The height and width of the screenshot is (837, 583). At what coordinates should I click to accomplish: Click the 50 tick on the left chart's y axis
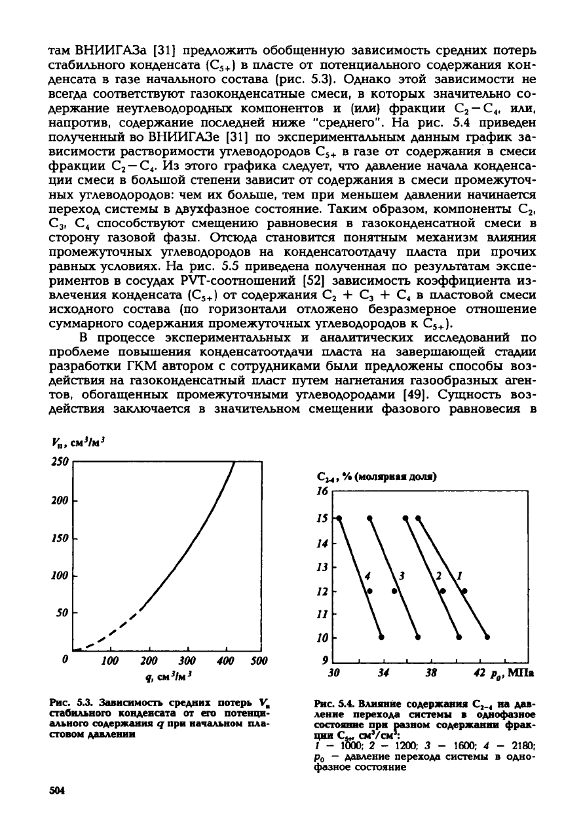click(60, 612)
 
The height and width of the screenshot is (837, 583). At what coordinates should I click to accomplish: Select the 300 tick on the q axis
click(187, 662)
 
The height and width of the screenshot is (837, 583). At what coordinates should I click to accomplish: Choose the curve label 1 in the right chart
click(459, 576)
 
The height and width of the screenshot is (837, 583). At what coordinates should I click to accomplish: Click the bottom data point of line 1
click(487, 637)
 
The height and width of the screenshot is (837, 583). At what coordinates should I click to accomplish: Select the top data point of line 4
click(339, 518)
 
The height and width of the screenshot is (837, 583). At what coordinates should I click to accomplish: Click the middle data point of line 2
click(443, 591)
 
